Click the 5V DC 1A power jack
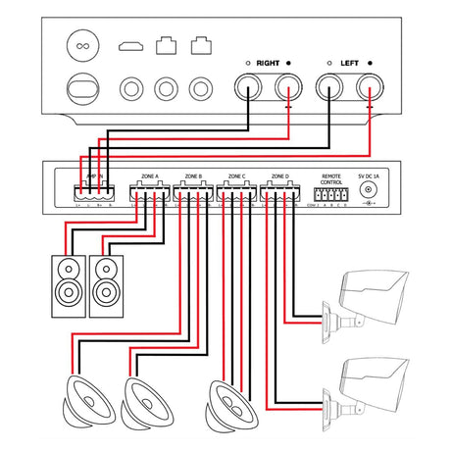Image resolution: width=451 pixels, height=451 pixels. pos(369,193)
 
